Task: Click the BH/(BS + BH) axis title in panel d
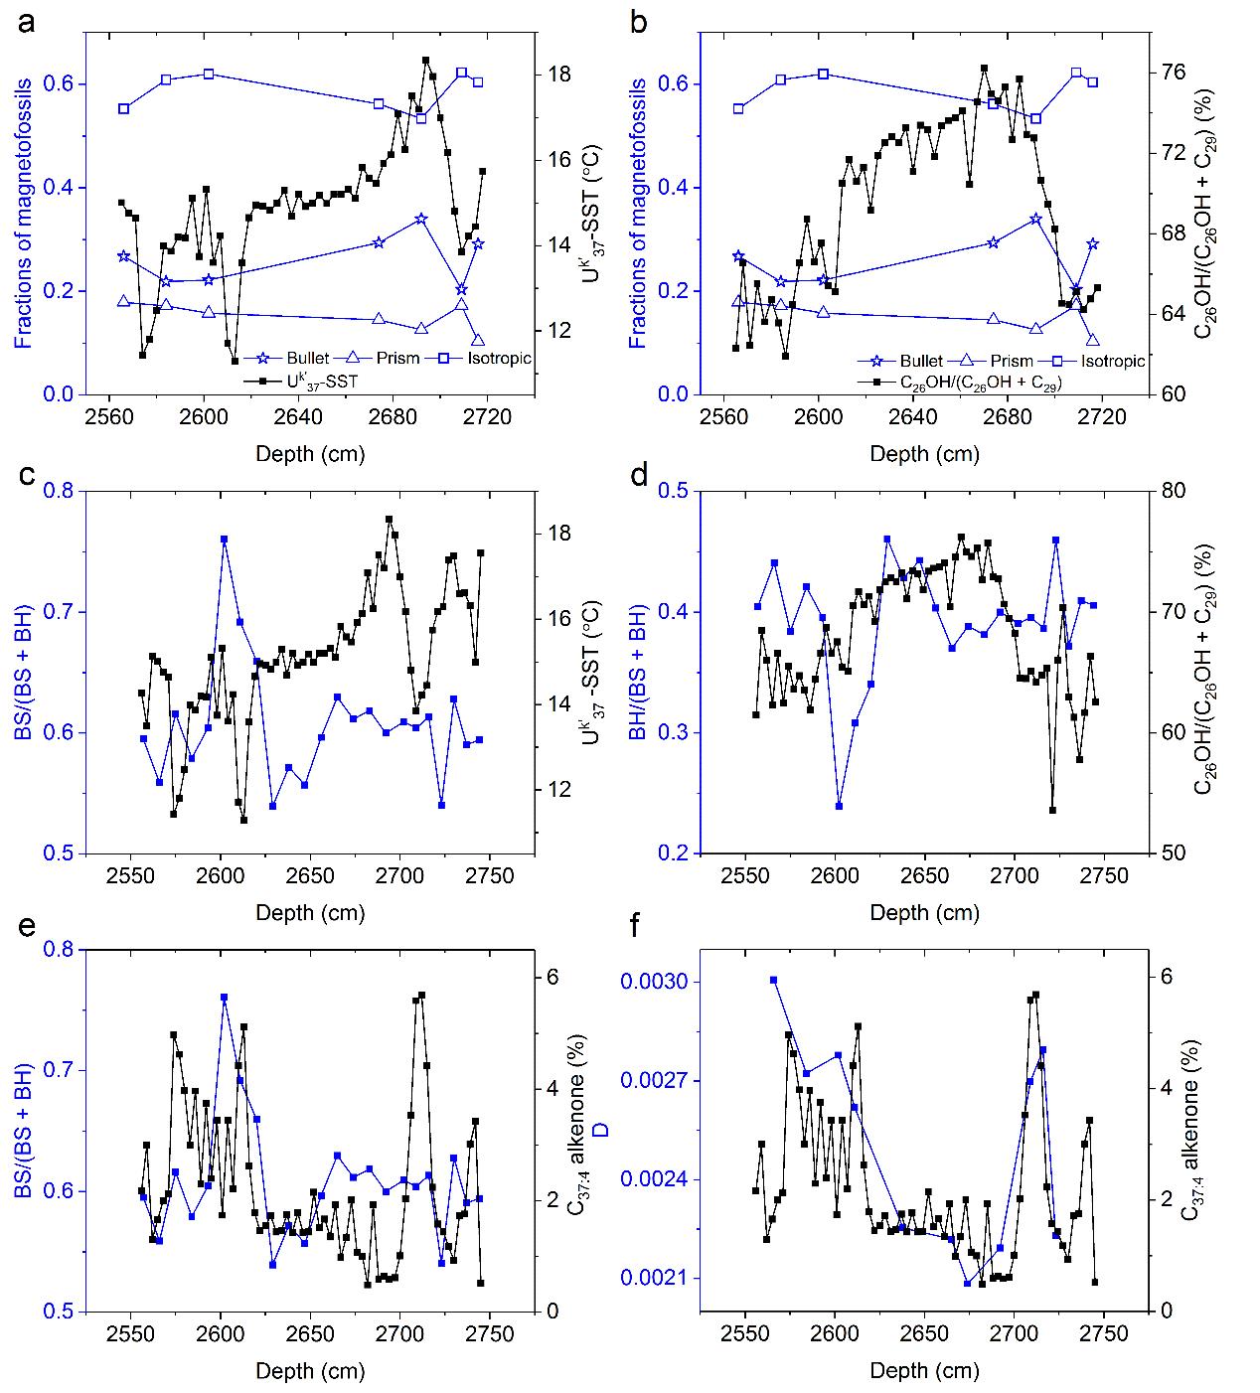coord(637,672)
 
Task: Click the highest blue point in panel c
coord(225,539)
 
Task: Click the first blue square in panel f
coord(773,980)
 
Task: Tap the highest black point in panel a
coord(425,60)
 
